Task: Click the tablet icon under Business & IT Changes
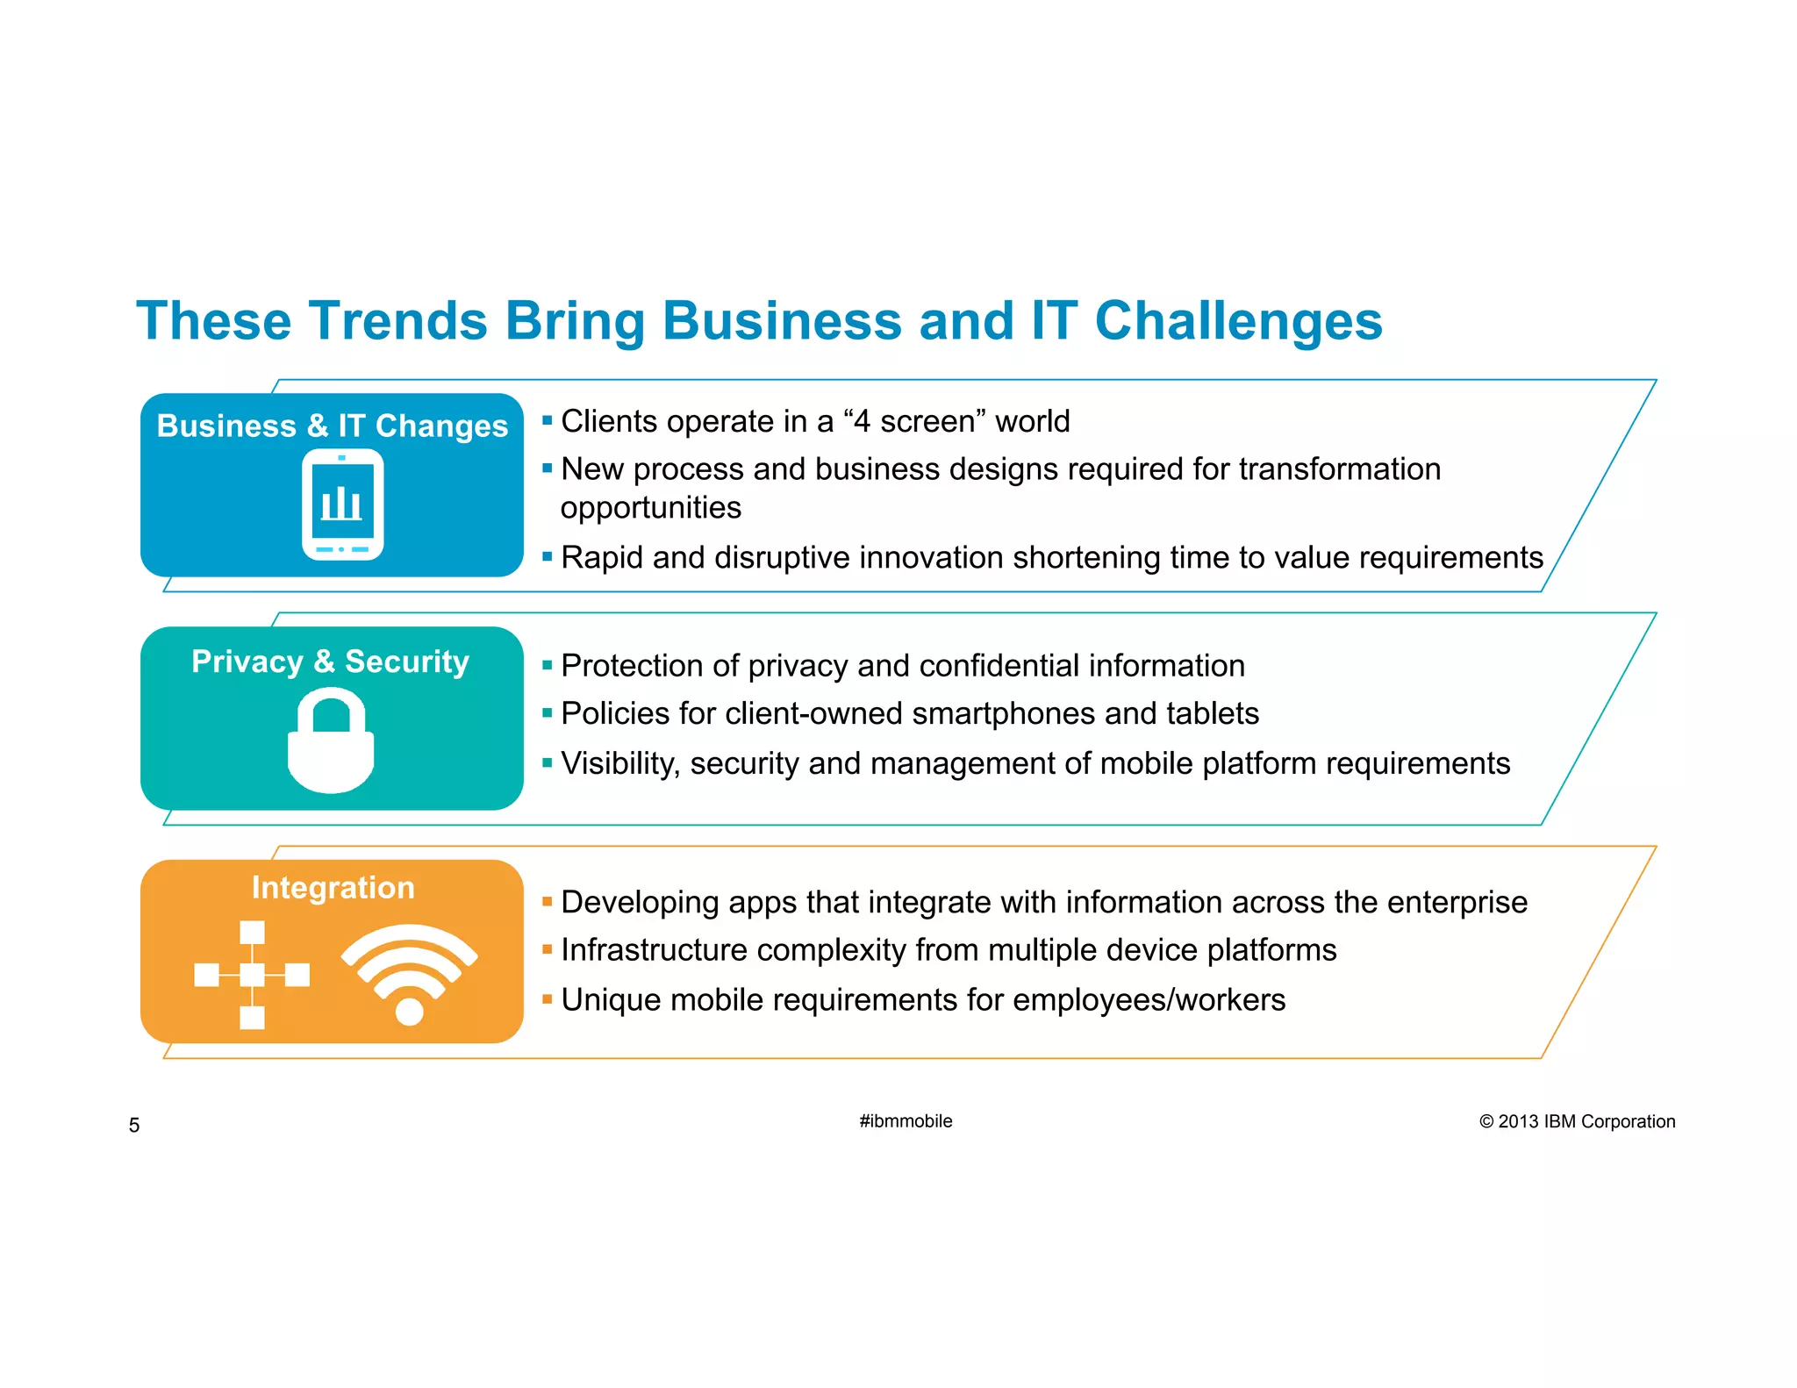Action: (342, 504)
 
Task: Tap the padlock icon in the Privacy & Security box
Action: (331, 741)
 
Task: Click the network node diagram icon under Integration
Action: (252, 975)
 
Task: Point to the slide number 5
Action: (134, 1126)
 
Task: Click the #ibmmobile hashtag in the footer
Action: (906, 1121)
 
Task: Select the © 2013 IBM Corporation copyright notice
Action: (1577, 1121)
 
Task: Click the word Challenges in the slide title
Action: (1238, 320)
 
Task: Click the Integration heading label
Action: (333, 888)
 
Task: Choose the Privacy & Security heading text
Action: (330, 662)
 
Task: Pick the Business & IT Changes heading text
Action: (332, 426)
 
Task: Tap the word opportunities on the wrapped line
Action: (651, 508)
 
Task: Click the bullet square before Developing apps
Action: (548, 901)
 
